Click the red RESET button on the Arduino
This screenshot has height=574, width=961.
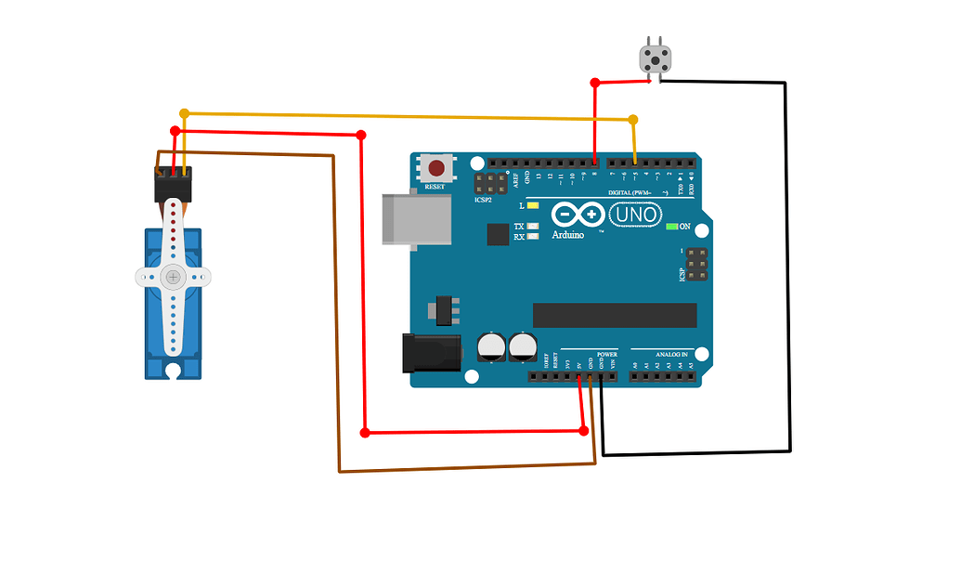tap(435, 169)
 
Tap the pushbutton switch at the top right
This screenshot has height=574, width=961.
tap(656, 59)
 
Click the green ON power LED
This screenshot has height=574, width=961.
tap(672, 226)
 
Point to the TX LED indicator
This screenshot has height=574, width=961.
tap(532, 227)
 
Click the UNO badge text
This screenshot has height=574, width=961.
tap(635, 215)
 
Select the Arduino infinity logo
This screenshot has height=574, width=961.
tap(577, 215)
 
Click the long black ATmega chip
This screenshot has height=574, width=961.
tap(614, 315)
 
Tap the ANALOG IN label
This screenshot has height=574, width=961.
tap(672, 355)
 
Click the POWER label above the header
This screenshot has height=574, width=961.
tap(606, 355)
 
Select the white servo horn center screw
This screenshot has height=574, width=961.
tap(173, 276)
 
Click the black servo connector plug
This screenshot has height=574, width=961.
tap(172, 183)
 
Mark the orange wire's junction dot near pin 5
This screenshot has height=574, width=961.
tap(633, 120)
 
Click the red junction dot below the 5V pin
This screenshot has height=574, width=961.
tap(583, 430)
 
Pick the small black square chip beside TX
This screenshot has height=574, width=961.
tap(499, 233)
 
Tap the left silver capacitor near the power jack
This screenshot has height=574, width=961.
tap(491, 347)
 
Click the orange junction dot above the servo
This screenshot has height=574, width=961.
tap(184, 113)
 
